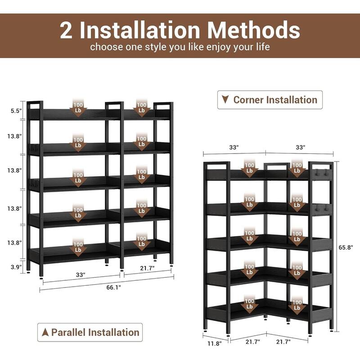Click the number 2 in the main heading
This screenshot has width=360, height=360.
click(x=68, y=30)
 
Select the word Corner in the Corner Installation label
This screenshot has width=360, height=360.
click(x=250, y=99)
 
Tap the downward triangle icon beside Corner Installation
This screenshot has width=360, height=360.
click(x=225, y=99)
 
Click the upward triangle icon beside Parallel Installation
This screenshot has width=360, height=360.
click(x=45, y=333)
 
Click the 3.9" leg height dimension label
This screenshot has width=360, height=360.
click(x=16, y=267)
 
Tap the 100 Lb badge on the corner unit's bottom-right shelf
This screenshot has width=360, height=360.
click(x=297, y=304)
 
